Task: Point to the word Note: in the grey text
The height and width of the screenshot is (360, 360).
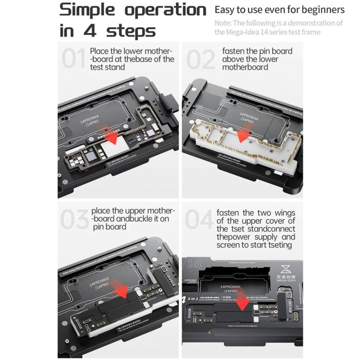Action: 223,23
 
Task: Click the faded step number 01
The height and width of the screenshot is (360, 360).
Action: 74,59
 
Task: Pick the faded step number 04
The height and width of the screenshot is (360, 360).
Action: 199,219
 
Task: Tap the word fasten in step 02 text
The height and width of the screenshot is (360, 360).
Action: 234,51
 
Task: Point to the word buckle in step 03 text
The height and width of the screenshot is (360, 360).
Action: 143,219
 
